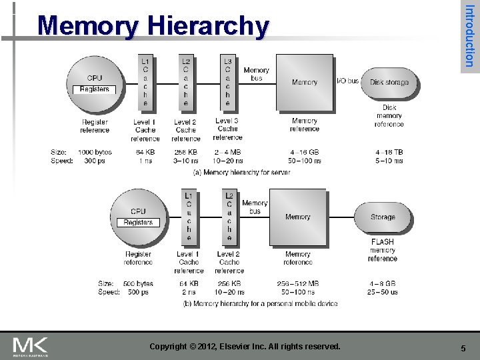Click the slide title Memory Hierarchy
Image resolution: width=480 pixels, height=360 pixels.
pyautogui.click(x=153, y=27)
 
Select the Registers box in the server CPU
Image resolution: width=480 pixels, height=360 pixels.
pyautogui.click(x=95, y=89)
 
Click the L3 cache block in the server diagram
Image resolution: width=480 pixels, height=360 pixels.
pyautogui.click(x=228, y=81)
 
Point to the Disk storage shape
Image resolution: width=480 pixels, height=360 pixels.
pyautogui.click(x=389, y=82)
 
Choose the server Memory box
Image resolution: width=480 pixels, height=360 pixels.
pyautogui.click(x=305, y=82)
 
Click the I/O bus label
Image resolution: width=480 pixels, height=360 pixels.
pyautogui.click(x=347, y=81)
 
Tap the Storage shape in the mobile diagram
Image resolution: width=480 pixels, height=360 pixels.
pyautogui.click(x=383, y=217)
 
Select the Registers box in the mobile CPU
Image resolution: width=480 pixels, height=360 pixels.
pyautogui.click(x=138, y=223)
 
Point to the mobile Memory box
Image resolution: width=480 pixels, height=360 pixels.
pyautogui.click(x=297, y=217)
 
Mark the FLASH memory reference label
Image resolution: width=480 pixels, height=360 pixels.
pyautogui.click(x=383, y=250)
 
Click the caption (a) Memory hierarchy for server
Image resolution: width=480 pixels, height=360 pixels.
pyautogui.click(x=231, y=172)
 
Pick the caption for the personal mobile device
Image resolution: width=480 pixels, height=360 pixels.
pyautogui.click(x=260, y=303)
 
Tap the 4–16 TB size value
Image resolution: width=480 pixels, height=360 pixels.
pyautogui.click(x=389, y=152)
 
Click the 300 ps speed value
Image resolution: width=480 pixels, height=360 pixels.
pyautogui.click(x=95, y=161)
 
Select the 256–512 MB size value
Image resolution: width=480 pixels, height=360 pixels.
pyautogui.click(x=298, y=283)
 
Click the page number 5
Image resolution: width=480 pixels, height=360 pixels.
pyautogui.click(x=463, y=348)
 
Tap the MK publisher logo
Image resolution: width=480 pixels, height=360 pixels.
pyautogui.click(x=31, y=346)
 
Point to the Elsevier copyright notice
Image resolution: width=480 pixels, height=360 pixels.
pyautogui.click(x=245, y=347)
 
